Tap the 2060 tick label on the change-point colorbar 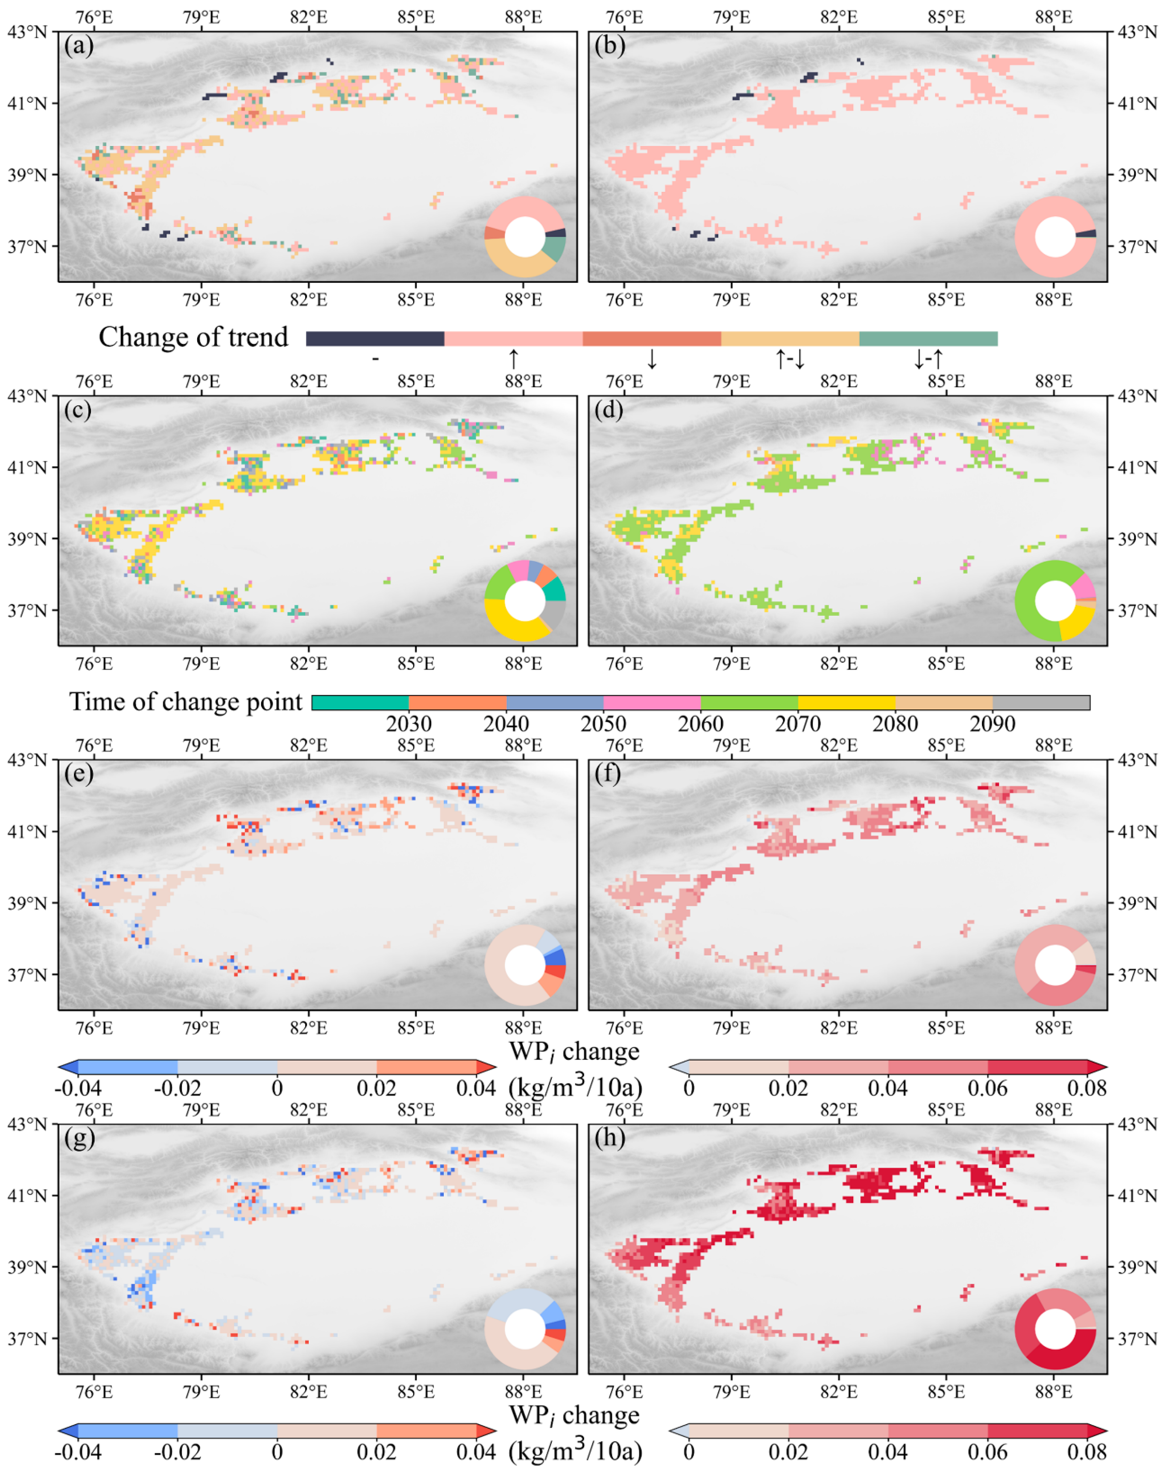700,724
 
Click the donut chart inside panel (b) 1055,237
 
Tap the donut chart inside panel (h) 1055,1329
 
